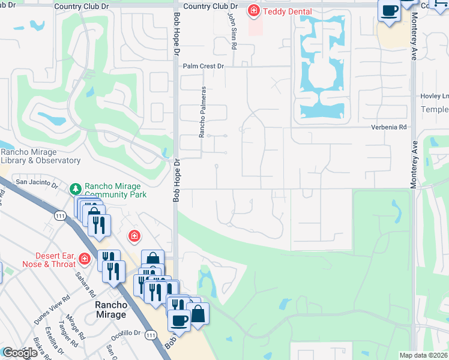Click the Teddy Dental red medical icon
tap(254, 11)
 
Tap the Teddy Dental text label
tap(287, 11)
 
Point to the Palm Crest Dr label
tap(203, 67)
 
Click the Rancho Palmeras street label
tap(203, 112)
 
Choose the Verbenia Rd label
tap(389, 127)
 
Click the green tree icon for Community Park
tap(76, 189)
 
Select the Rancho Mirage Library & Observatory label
tap(40, 156)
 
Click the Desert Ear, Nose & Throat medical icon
tap(85, 259)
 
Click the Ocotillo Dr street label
tap(128, 332)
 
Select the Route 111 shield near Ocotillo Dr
tap(151, 334)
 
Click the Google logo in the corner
tap(20, 353)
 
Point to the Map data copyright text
tap(423, 355)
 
